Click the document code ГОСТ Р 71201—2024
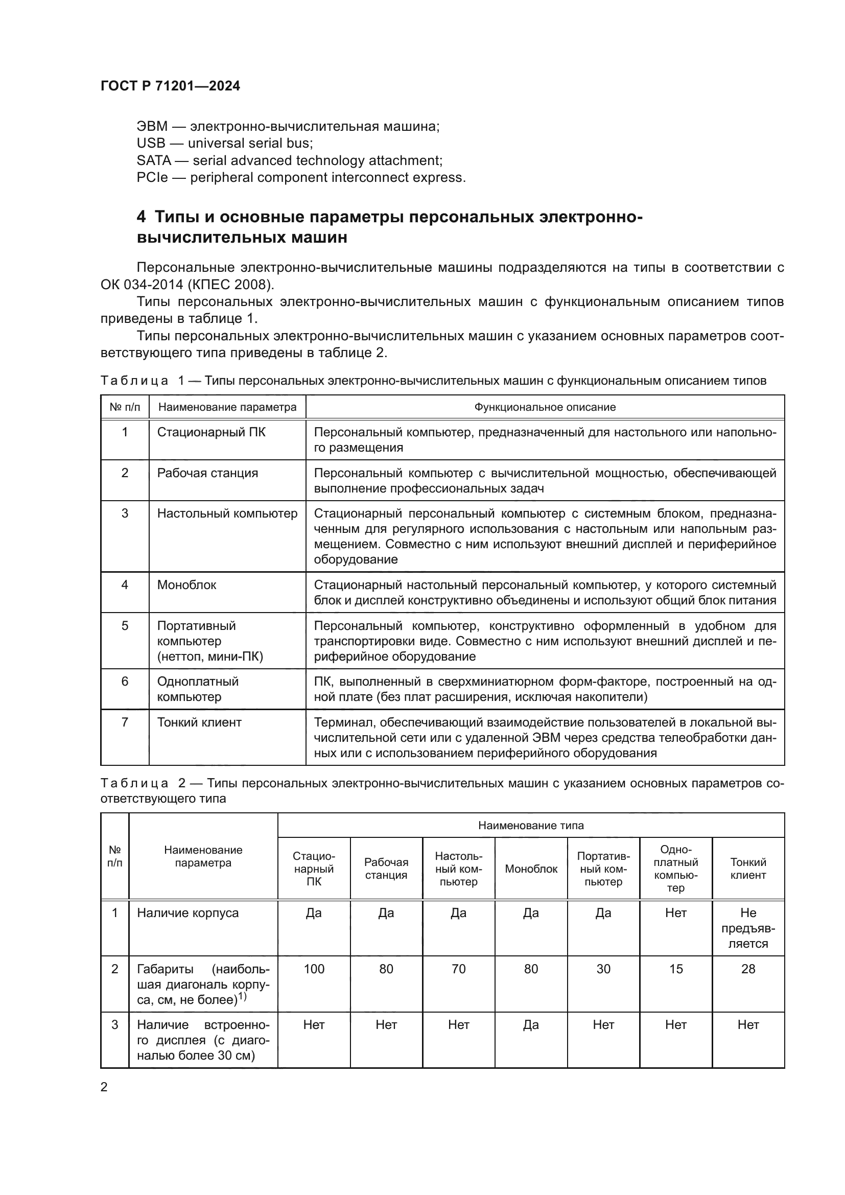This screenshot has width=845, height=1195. coord(170,86)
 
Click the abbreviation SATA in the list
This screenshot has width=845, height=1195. coord(153,160)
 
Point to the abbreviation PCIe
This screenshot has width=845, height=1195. coord(152,177)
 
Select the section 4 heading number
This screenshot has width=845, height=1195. coord(141,217)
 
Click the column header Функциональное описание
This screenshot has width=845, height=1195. coord(544,407)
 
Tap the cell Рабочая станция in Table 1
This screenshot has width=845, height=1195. coord(207,473)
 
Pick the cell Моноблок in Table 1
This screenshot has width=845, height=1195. coord(186,585)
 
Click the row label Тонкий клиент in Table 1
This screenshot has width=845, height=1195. coord(199,722)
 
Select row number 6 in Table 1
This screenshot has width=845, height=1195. coord(124,682)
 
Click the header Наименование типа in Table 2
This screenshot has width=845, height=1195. coord(531,826)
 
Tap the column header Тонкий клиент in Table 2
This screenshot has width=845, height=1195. coord(748,869)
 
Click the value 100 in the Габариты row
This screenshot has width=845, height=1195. coord(314,969)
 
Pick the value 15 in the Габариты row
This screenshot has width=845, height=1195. coord(675,969)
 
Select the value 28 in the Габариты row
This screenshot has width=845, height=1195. coord(748,969)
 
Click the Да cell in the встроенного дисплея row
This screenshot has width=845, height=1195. coord(531,1025)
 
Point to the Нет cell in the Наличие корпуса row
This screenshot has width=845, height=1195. coord(675,913)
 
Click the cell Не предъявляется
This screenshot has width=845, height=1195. coord(748,928)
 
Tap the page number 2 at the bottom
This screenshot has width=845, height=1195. coord(104,1087)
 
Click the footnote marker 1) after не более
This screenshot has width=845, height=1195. coord(242,996)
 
